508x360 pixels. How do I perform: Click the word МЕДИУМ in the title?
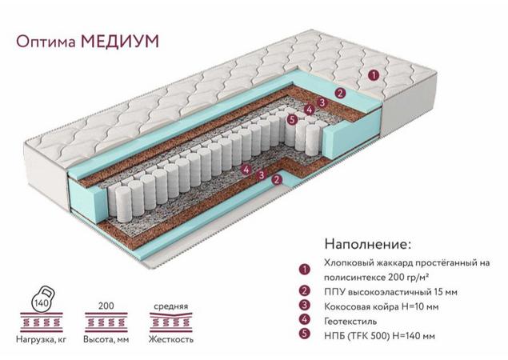(x=120, y=42)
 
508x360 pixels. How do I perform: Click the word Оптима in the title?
(x=46, y=42)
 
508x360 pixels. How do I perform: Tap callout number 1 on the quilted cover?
(x=374, y=76)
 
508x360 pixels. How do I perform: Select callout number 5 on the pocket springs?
(x=292, y=119)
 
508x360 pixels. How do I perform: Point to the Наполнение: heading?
(x=368, y=244)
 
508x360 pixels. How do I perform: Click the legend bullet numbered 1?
(x=305, y=269)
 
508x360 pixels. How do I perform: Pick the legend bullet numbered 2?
(x=305, y=291)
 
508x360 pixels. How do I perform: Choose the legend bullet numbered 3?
(x=305, y=306)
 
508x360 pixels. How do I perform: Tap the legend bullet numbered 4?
(x=305, y=319)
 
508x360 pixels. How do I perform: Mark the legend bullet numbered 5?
(x=305, y=334)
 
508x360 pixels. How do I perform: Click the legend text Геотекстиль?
(x=350, y=321)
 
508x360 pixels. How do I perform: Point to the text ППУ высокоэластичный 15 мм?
(x=390, y=292)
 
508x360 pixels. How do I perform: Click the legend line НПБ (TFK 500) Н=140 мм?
(x=379, y=336)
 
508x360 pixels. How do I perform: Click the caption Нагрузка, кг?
(x=41, y=340)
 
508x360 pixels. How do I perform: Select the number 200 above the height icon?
(x=106, y=306)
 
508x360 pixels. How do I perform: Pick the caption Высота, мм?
(x=106, y=340)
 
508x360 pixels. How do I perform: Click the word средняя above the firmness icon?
(x=170, y=306)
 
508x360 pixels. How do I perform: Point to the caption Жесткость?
(x=171, y=339)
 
